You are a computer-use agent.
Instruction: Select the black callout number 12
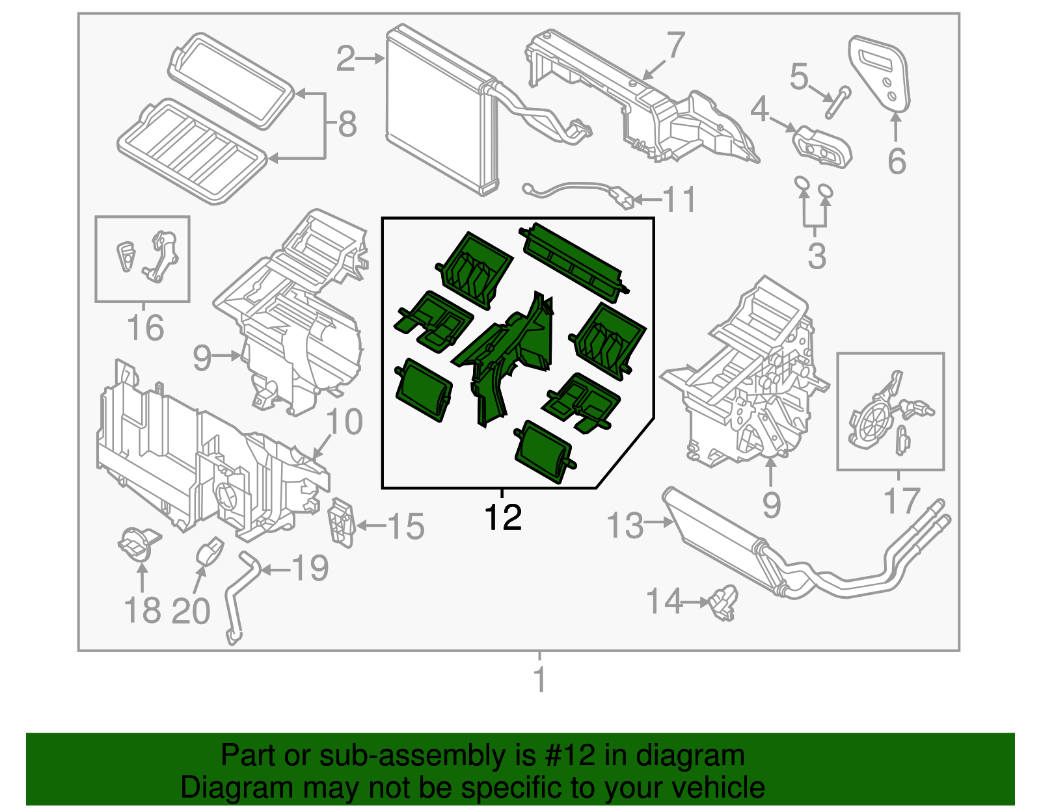tap(502, 517)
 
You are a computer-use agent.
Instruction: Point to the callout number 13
tap(625, 525)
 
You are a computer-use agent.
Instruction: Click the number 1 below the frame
tap(539, 679)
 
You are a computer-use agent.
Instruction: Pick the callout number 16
tap(146, 328)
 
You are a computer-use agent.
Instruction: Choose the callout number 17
tap(902, 501)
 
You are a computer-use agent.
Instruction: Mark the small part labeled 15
tap(342, 522)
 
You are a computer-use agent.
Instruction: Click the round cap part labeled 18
tap(139, 545)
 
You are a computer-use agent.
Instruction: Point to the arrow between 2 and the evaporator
tap(370, 59)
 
